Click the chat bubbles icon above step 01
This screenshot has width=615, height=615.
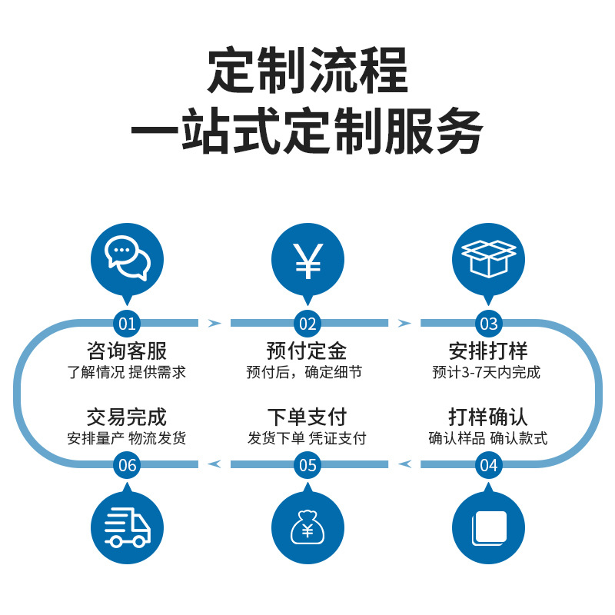(x=127, y=260)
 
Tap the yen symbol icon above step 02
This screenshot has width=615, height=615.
(x=307, y=260)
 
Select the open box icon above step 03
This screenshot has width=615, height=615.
(x=488, y=260)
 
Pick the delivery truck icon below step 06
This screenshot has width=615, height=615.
(x=127, y=527)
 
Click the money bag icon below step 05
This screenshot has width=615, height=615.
(x=307, y=527)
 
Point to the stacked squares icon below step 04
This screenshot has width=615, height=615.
(x=488, y=527)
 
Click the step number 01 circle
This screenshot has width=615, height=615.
(x=127, y=323)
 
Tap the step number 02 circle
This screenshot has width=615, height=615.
(x=307, y=323)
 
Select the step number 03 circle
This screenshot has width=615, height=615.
(x=488, y=323)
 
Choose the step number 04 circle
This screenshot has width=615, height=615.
(x=488, y=464)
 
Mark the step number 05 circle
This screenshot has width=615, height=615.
(x=307, y=464)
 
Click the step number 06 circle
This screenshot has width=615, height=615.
(x=127, y=464)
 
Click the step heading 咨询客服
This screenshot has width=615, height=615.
(x=127, y=351)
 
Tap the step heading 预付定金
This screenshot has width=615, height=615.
(x=307, y=351)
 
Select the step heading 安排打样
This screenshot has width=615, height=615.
(x=488, y=351)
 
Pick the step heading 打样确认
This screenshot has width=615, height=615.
(x=488, y=417)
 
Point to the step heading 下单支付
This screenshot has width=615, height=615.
(x=307, y=417)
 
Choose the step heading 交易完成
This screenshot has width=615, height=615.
(x=127, y=417)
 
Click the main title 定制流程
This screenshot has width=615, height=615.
(x=307, y=71)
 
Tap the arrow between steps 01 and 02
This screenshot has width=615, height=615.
(x=214, y=323)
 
